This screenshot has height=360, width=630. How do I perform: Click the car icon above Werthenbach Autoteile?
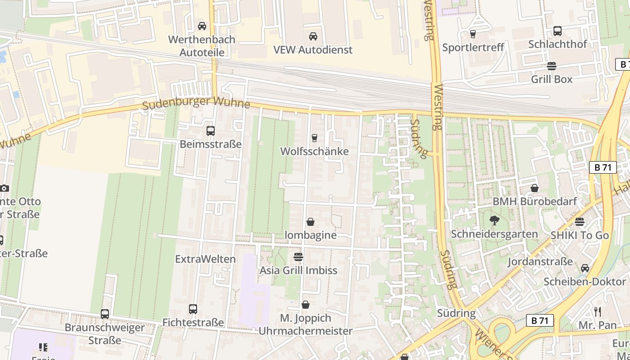(202, 26)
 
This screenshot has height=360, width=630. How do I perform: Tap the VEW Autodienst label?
(313, 49)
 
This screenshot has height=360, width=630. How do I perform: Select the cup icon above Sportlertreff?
(472, 34)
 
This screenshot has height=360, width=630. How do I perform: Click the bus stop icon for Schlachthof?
(558, 31)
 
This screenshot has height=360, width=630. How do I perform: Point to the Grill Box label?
(552, 79)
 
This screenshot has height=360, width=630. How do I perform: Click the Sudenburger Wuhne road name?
(196, 103)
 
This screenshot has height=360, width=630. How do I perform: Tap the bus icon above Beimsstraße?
(210, 131)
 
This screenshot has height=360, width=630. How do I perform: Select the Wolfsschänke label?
(314, 151)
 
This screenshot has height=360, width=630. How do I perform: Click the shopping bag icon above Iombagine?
(310, 222)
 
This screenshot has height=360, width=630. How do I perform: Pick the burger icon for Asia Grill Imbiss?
(298, 257)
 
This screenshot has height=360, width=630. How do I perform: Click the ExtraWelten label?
(205, 259)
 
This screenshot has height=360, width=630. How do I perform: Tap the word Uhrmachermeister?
(306, 331)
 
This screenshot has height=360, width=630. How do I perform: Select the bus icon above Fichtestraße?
(193, 309)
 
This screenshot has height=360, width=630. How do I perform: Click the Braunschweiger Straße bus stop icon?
(105, 314)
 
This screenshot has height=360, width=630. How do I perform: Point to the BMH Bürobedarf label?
(535, 201)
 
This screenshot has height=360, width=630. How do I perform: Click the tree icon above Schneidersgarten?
(495, 220)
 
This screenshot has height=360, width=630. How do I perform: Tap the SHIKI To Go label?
(580, 235)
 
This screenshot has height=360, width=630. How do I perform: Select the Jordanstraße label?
(540, 261)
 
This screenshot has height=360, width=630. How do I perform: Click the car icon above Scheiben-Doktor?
(585, 268)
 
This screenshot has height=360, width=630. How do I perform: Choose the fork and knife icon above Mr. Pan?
(598, 311)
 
